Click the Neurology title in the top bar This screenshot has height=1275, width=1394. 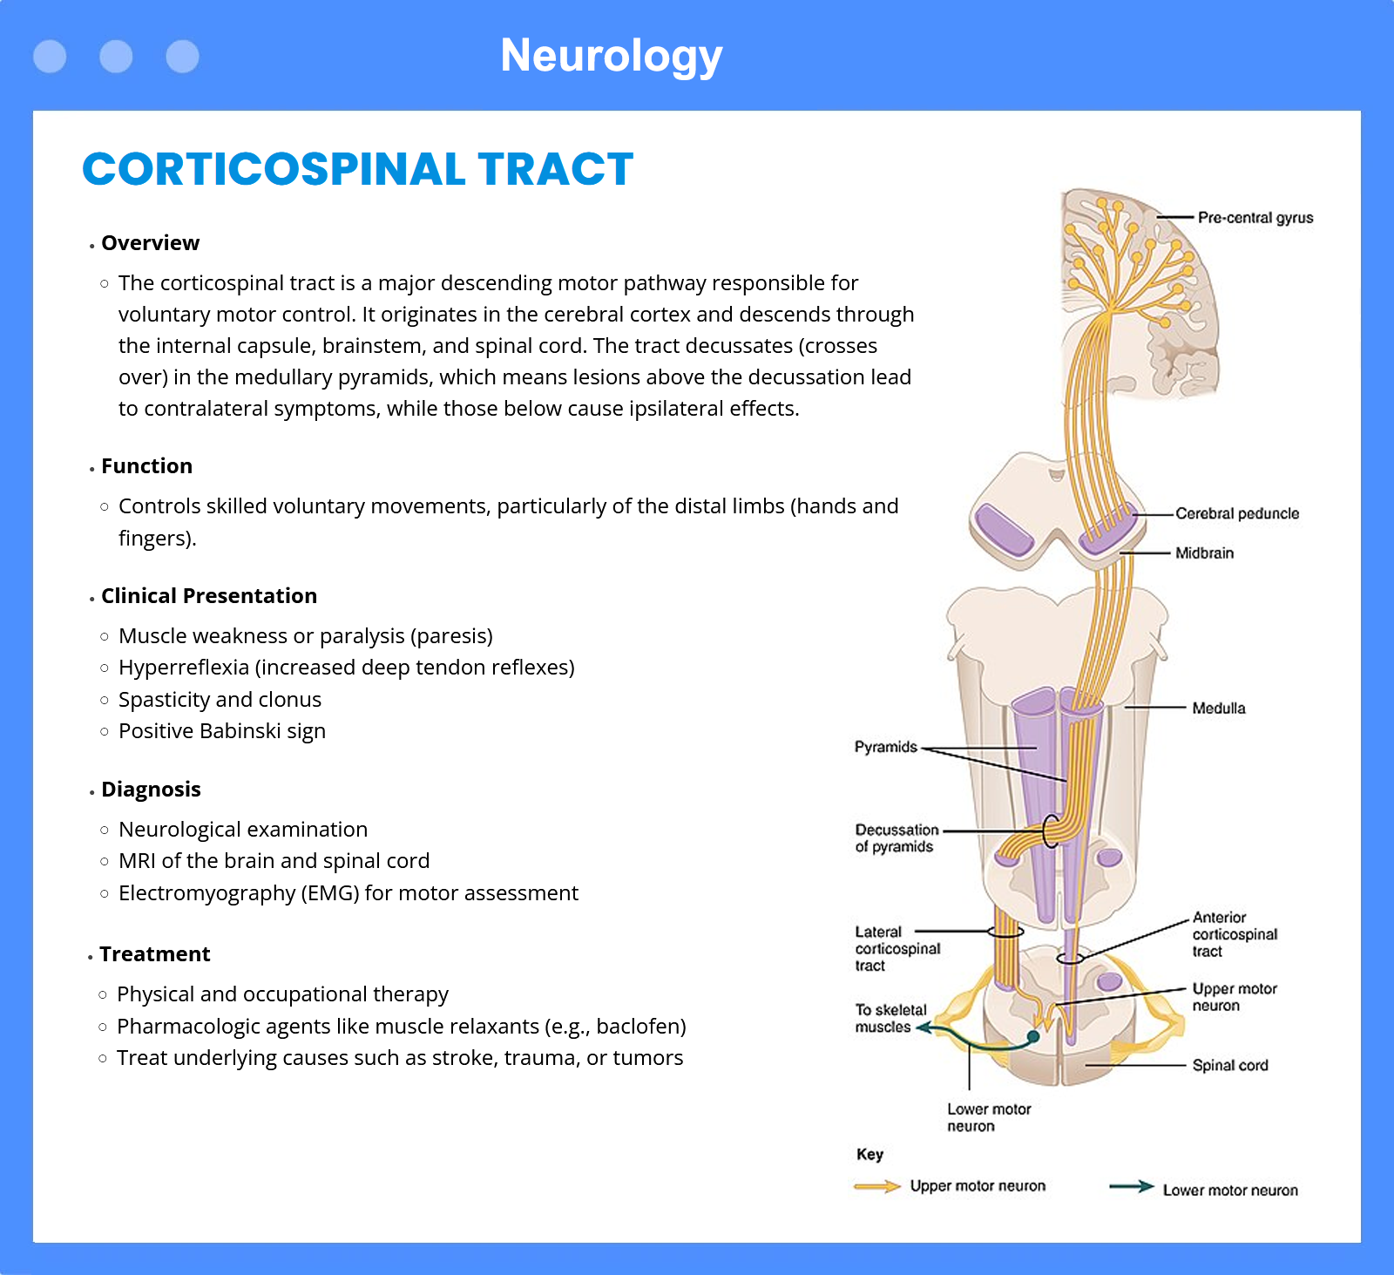[x=612, y=56]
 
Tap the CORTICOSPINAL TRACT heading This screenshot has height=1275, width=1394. [x=358, y=169]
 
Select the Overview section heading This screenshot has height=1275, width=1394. [x=151, y=243]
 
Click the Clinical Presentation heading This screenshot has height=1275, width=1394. [x=209, y=596]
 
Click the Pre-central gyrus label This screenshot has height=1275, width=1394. [x=1255, y=218]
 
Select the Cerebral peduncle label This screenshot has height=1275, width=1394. [x=1237, y=513]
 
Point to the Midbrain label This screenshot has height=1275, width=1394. [x=1204, y=553]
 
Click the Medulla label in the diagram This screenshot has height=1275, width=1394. [x=1219, y=709]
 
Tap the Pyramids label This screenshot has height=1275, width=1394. [x=886, y=747]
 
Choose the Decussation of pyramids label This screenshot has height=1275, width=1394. [x=897, y=838]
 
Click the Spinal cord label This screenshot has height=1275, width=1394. [x=1230, y=1065]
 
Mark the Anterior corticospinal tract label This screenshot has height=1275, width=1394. [x=1235, y=934]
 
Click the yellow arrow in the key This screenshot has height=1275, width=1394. [x=877, y=1186]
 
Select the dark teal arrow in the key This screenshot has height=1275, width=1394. [x=1132, y=1186]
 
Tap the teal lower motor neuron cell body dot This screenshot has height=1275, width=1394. [x=1033, y=1036]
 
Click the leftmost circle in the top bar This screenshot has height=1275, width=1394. [x=50, y=57]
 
